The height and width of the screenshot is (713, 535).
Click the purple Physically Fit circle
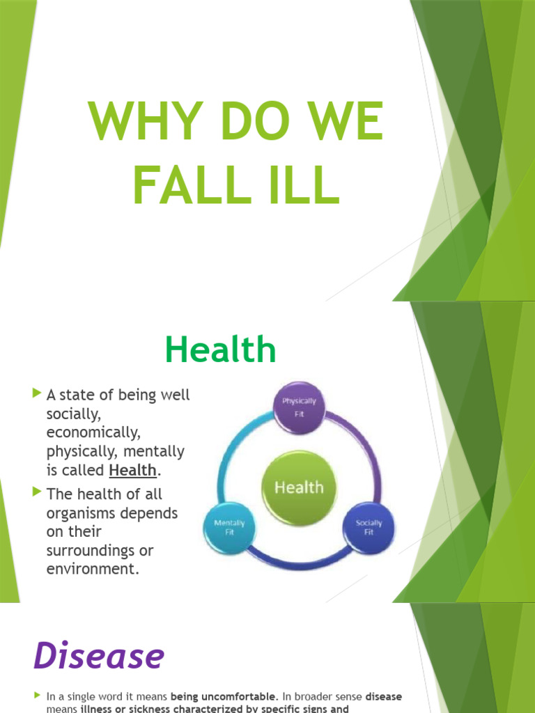tap(299, 407)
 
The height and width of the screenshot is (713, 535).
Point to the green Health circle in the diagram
tap(299, 487)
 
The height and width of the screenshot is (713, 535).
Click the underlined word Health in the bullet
tap(132, 470)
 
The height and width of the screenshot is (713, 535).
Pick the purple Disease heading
tap(98, 656)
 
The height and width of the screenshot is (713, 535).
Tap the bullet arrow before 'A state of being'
tap(36, 395)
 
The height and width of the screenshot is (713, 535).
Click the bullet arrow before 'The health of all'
tap(36, 493)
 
